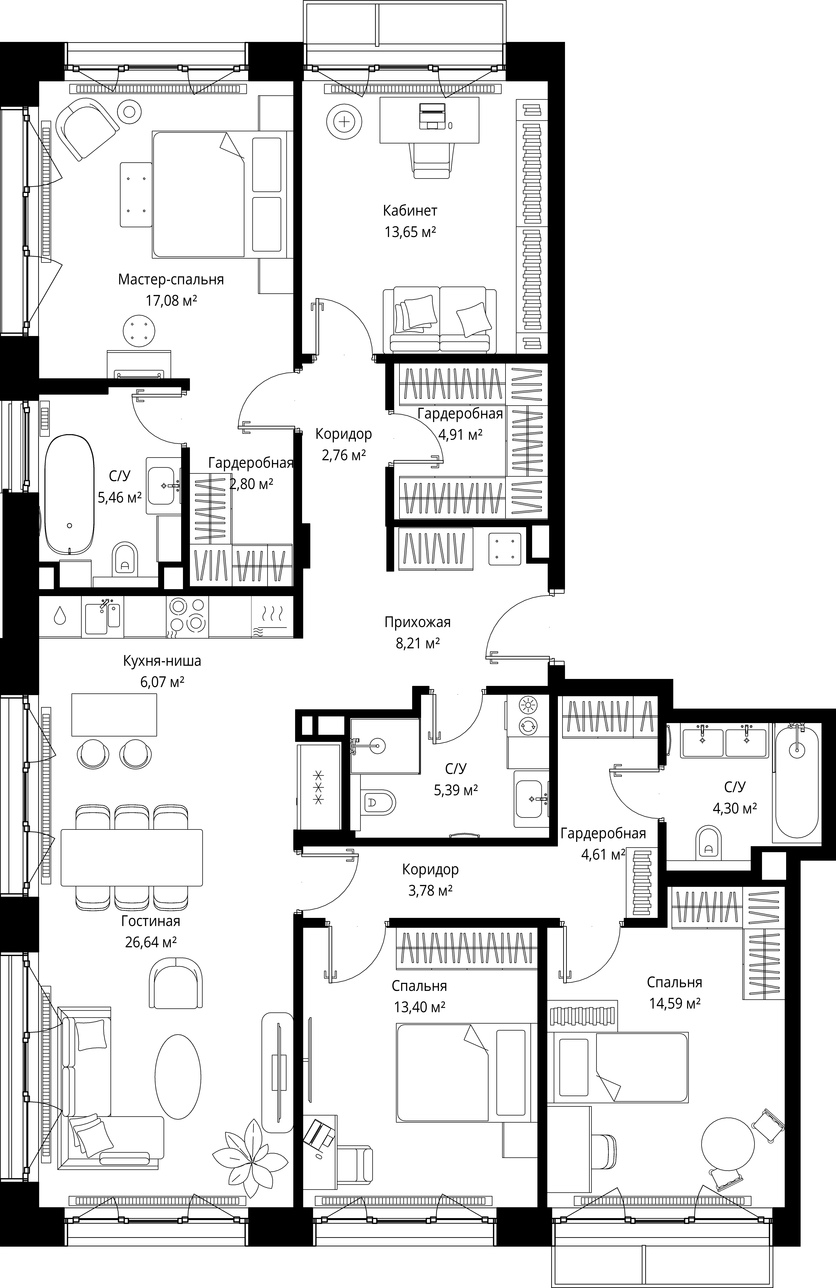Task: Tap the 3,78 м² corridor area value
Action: tap(430, 890)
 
